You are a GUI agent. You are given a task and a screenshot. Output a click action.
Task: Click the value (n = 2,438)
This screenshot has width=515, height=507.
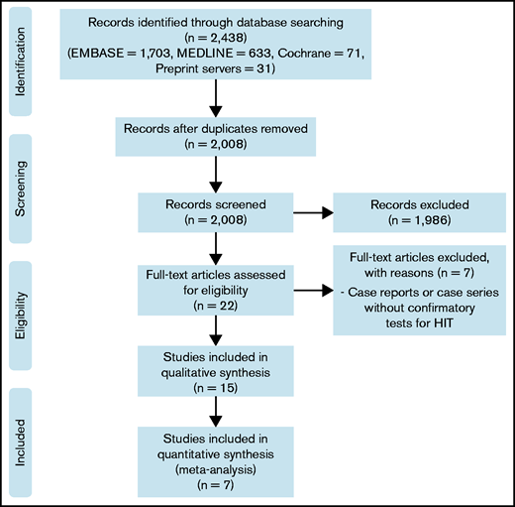(x=213, y=36)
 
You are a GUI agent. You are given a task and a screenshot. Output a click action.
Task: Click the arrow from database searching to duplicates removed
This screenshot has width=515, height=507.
(x=213, y=97)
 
